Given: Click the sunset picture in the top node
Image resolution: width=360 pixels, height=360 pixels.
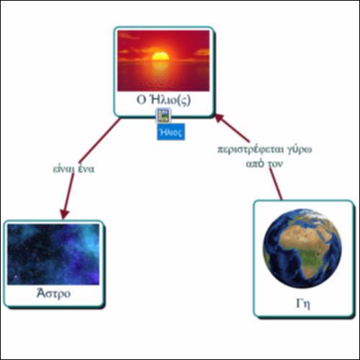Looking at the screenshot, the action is click(x=163, y=60).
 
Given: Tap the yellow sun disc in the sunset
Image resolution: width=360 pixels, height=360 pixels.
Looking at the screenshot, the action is click(x=161, y=56).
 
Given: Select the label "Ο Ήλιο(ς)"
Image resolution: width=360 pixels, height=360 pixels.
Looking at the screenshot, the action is click(x=163, y=100).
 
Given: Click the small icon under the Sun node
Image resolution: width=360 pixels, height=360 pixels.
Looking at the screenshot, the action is click(x=163, y=115).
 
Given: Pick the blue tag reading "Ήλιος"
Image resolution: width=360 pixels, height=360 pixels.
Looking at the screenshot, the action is click(x=171, y=132).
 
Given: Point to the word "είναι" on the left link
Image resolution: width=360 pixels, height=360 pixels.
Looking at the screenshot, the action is click(x=63, y=168).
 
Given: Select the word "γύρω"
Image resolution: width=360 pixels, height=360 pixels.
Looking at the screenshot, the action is click(x=300, y=150).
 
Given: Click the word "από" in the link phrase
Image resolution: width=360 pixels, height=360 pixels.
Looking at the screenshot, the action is click(x=255, y=163).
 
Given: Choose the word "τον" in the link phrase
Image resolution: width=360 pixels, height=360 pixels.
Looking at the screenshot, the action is click(x=275, y=164).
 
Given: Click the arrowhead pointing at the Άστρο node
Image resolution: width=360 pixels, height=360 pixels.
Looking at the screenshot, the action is click(x=64, y=214).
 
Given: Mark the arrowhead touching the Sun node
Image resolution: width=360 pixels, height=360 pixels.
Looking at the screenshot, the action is click(x=219, y=119).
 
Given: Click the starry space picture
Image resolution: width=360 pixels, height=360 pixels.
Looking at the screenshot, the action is click(x=53, y=254).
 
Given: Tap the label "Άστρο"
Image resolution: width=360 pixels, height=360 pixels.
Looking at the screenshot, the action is click(x=53, y=293).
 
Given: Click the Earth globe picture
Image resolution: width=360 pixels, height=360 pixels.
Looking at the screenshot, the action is click(x=302, y=248).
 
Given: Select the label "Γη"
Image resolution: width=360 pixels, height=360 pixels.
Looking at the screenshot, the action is click(x=303, y=304).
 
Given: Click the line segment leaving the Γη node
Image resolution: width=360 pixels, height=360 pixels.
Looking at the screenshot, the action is click(x=276, y=184).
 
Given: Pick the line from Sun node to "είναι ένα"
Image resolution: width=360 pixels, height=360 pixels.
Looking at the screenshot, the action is click(x=99, y=140).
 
